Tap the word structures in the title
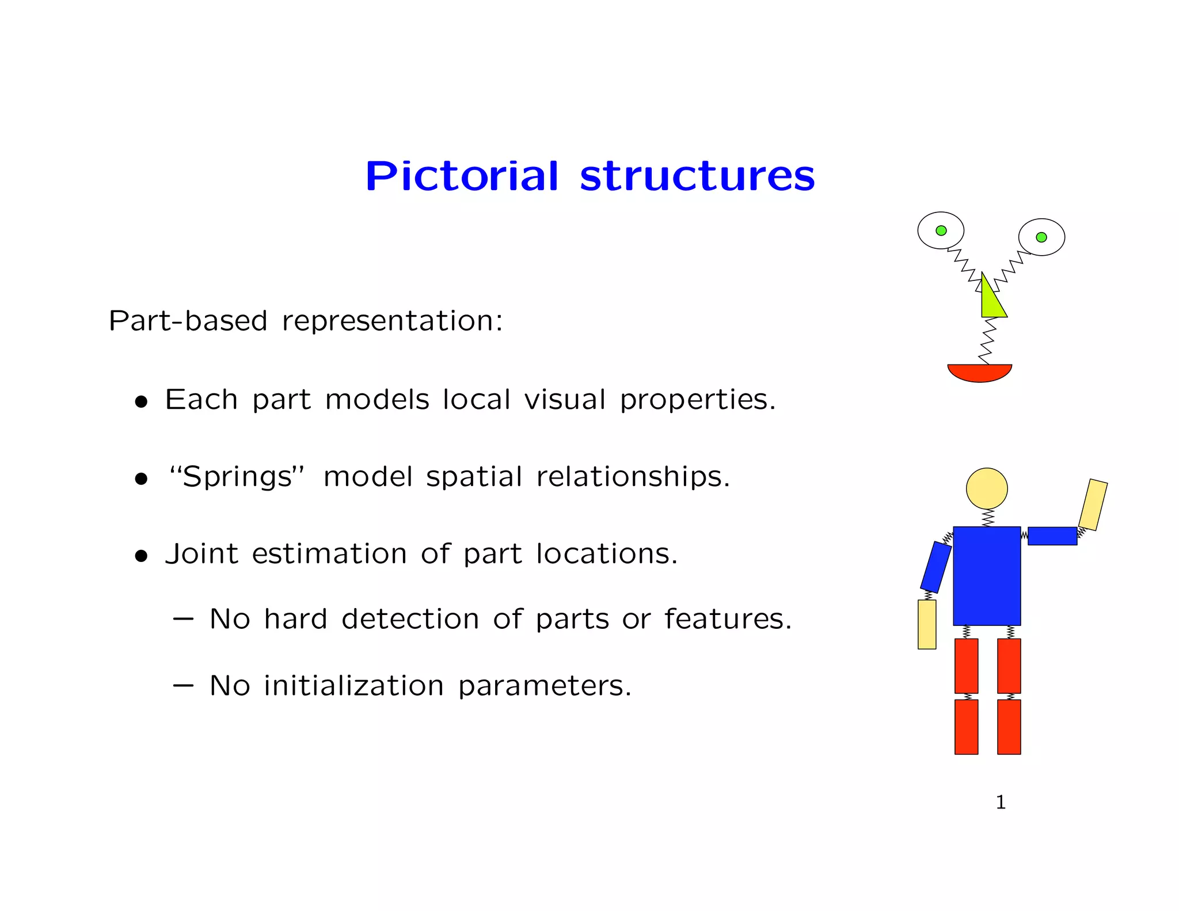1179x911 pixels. click(x=697, y=177)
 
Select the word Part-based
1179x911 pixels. click(x=188, y=321)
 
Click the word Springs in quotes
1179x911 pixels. click(x=237, y=477)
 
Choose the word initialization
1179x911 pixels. click(x=353, y=686)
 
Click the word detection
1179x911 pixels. click(x=410, y=619)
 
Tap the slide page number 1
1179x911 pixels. click(x=1001, y=802)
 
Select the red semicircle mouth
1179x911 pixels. click(x=980, y=372)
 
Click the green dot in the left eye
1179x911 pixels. click(x=941, y=230)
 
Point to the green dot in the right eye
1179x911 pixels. click(x=1041, y=237)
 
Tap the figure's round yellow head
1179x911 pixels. click(x=987, y=488)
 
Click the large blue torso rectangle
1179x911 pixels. click(x=987, y=576)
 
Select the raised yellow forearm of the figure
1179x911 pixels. click(x=1093, y=504)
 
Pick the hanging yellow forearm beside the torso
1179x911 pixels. click(x=927, y=624)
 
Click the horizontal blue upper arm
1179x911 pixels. click(x=1052, y=536)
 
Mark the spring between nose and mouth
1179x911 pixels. click(x=988, y=341)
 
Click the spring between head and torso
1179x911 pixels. click(x=988, y=518)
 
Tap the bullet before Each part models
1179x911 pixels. click(x=141, y=401)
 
